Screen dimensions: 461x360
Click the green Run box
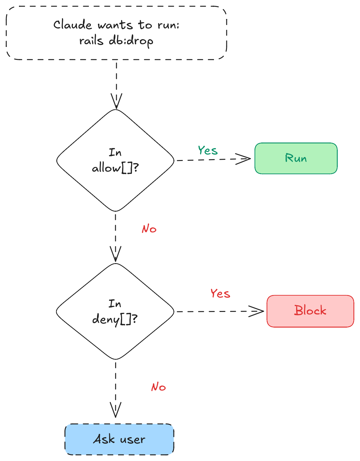click(296, 158)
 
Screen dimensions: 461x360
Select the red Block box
click(310, 311)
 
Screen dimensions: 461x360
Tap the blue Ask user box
click(119, 439)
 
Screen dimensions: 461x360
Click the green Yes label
click(208, 151)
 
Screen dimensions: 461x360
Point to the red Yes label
click(220, 294)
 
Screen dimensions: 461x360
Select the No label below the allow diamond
click(149, 229)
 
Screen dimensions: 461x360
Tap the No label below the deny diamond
click(158, 387)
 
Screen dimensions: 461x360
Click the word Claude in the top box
click(72, 25)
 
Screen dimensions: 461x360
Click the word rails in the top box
click(91, 41)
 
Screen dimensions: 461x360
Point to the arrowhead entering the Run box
click(244, 159)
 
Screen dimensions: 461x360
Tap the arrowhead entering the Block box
click(257, 311)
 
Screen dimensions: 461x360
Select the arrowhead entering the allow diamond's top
click(116, 102)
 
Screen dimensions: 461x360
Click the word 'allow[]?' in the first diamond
click(115, 168)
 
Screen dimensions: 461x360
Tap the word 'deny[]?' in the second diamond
click(115, 319)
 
